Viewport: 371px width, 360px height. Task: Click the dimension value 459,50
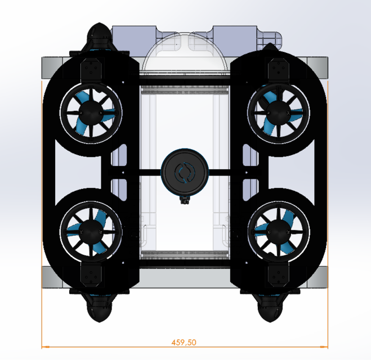point(185,342)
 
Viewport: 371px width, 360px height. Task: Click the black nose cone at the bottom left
point(99,308)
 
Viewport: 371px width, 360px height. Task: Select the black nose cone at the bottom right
point(271,309)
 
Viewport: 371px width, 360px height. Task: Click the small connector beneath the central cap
point(184,199)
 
